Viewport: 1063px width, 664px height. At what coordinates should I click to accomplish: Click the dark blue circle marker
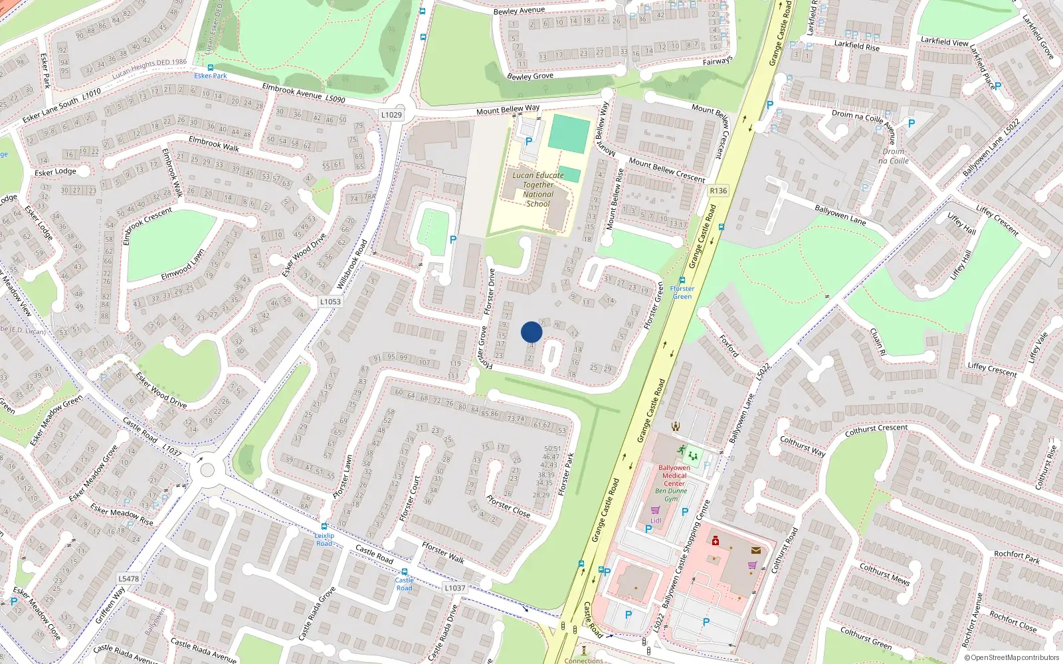pos(531,332)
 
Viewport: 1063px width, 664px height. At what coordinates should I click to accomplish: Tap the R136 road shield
pos(718,191)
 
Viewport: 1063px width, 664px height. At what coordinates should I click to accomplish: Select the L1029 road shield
pos(391,115)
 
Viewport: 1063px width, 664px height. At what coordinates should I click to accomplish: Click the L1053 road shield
pos(330,301)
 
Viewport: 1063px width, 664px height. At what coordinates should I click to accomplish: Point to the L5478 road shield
pos(129,578)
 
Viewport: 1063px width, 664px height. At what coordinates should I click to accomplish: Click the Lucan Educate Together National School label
pos(538,189)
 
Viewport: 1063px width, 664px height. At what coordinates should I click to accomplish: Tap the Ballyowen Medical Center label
pos(674,475)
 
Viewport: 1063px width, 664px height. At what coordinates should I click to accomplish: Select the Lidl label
pos(656,521)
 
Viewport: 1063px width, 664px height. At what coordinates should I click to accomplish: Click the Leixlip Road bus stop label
pos(324,539)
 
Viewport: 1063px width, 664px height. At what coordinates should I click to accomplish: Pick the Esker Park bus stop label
pos(211,76)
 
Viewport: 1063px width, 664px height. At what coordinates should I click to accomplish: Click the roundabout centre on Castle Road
pos(207,470)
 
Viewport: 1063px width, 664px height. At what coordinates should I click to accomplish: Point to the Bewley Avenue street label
pos(519,11)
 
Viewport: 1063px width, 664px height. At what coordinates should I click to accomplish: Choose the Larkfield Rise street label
pos(856,46)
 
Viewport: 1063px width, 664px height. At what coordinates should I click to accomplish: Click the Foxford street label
pos(728,346)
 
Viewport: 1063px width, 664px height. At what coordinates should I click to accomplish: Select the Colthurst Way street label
pos(802,446)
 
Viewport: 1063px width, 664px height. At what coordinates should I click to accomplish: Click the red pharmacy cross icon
pos(715,540)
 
